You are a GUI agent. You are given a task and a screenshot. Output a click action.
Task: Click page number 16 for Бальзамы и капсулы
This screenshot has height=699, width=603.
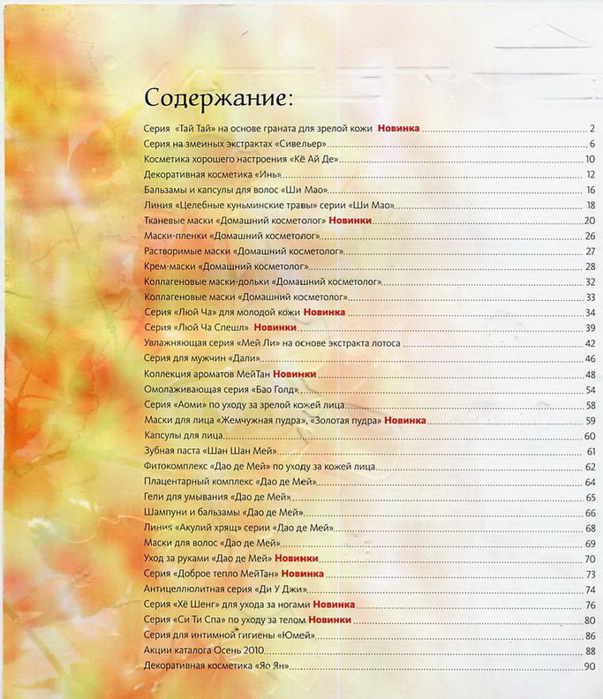[x=591, y=190]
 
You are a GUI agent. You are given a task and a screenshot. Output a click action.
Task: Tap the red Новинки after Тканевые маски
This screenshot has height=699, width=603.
[x=350, y=220]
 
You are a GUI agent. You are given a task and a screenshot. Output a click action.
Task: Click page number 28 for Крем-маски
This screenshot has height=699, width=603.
[x=591, y=266]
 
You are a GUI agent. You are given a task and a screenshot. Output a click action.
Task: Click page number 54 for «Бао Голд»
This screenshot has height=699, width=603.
[x=591, y=389]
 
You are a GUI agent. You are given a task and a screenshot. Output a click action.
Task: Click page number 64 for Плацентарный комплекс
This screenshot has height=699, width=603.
[x=591, y=482]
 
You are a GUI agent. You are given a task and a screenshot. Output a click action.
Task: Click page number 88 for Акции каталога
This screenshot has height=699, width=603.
[x=591, y=650]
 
